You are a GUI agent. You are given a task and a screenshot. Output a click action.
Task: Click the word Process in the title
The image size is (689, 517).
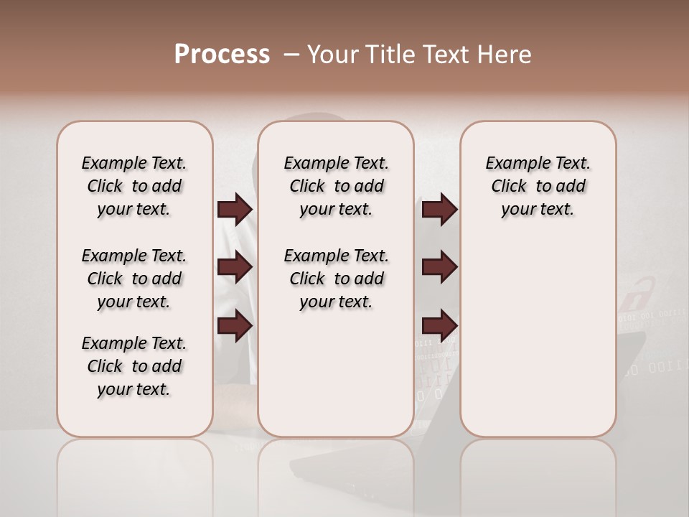coord(221,55)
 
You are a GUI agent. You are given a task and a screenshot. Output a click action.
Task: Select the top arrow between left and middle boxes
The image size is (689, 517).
coord(235,210)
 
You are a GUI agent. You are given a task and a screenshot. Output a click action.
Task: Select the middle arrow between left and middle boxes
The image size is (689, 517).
coord(235,268)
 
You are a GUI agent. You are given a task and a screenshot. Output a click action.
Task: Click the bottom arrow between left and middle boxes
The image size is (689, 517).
coord(235,325)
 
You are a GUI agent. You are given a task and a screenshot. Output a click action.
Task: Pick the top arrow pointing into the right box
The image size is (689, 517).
coord(439,210)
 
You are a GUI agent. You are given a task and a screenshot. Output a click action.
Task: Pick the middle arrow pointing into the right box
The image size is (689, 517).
coord(439,268)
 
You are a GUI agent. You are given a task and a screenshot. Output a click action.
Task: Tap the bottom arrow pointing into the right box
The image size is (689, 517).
coord(439,325)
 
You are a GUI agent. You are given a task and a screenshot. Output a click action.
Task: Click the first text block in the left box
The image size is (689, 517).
coord(134,186)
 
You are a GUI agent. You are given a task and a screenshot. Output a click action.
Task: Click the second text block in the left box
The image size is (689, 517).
coord(134,279)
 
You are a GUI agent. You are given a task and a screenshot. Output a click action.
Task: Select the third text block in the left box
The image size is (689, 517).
coord(134,366)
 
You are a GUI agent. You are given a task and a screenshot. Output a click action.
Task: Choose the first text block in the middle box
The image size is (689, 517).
coord(336,186)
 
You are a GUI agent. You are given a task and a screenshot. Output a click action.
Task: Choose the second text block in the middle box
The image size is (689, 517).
coord(336,279)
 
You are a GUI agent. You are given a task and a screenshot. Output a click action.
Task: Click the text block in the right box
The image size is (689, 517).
coord(538,186)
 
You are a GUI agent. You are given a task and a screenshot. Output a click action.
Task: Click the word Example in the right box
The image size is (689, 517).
coord(512,164)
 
